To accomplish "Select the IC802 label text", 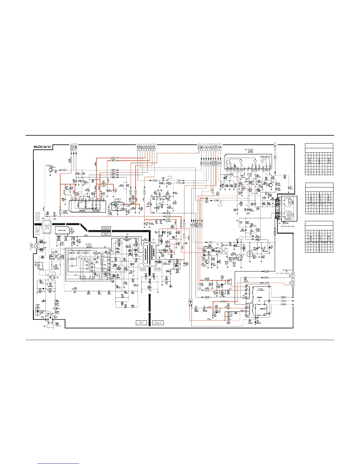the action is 65,211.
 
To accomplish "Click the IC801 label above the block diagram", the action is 89,244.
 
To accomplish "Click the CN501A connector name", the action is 287,270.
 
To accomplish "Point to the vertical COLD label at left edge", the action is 38,217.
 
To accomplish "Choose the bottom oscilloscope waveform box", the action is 319,237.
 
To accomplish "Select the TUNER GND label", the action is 37,305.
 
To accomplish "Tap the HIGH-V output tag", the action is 284,297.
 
